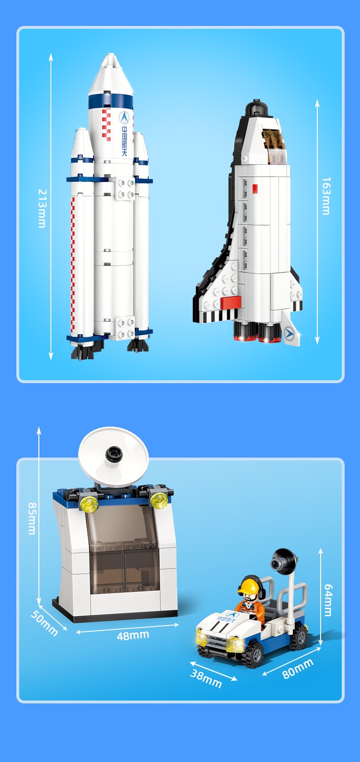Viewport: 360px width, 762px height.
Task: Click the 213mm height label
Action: [42, 208]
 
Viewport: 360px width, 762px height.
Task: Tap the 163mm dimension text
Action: [326, 196]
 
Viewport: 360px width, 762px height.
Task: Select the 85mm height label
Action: [32, 519]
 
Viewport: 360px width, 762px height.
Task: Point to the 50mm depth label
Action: [44, 622]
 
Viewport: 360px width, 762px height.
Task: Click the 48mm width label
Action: [133, 635]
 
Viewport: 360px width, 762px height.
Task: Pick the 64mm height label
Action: [328, 600]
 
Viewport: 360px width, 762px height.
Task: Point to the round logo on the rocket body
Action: [124, 117]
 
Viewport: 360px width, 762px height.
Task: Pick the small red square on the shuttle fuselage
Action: [255, 189]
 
